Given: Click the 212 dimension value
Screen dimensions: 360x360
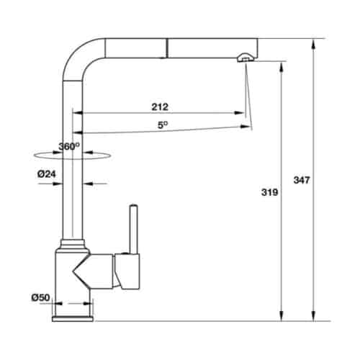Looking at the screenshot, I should (x=160, y=107).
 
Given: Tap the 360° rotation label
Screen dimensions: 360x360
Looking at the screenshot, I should (x=68, y=146).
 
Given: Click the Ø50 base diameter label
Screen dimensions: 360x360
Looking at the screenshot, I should (x=40, y=297).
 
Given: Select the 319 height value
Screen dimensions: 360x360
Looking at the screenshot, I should (x=268, y=192).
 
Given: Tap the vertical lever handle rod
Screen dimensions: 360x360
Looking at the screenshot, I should (x=132, y=227).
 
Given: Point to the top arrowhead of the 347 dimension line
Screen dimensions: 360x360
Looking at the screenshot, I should (x=313, y=42).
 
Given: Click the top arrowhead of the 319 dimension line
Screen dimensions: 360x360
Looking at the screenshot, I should (x=280, y=66).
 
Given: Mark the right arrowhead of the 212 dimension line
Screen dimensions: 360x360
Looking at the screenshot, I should (x=239, y=113).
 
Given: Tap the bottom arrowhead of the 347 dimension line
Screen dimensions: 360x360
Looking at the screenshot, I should (x=313, y=315).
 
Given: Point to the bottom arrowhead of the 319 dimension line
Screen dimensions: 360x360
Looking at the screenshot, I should (x=280, y=315).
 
